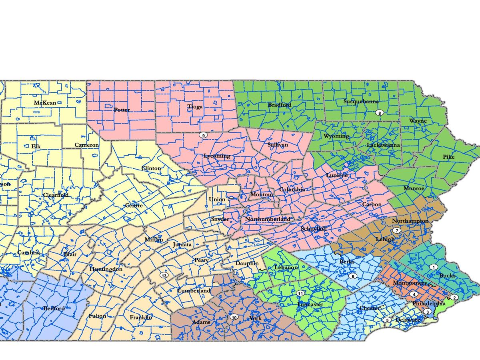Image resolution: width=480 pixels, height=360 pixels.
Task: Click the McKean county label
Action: (45, 103)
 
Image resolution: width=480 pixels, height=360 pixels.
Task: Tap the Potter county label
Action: (122, 110)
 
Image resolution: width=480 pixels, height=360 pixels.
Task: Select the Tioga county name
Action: (195, 107)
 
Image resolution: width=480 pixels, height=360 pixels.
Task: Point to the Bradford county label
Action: (280, 105)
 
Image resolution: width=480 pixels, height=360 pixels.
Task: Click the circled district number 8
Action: (380, 113)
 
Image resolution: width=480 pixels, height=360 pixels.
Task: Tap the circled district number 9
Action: (203, 135)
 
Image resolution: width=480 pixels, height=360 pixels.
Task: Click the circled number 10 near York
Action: (234, 317)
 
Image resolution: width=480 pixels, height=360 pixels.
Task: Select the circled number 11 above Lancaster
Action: (300, 294)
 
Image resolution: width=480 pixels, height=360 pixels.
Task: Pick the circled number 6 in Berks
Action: (352, 276)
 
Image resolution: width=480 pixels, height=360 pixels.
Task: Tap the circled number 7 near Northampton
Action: (396, 230)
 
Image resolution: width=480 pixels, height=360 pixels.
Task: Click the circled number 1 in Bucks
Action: (433, 267)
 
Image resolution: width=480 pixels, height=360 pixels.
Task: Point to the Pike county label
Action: (449, 157)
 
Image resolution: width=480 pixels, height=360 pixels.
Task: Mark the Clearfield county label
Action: (56, 195)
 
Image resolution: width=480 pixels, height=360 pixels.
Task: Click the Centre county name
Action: (134, 206)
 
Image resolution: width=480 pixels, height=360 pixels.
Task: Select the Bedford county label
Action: (54, 309)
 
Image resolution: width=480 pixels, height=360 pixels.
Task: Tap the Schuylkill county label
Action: (314, 228)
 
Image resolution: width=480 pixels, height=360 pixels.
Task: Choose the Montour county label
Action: (262, 195)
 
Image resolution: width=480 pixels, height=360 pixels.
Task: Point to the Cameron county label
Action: (86, 145)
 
